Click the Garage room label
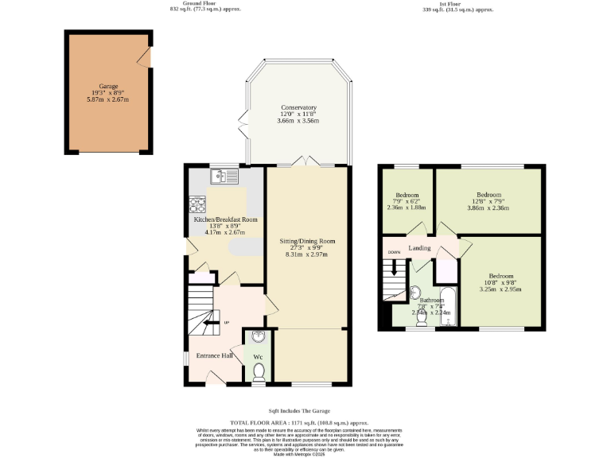pyautogui.click(x=108, y=86)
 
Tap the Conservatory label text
pyautogui.click(x=298, y=107)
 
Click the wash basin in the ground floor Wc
pyautogui.click(x=258, y=336)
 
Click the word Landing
pyautogui.click(x=419, y=248)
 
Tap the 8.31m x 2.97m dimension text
pyautogui.click(x=307, y=254)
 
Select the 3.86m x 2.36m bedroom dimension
pyautogui.click(x=488, y=208)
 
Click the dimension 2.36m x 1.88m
pyautogui.click(x=406, y=208)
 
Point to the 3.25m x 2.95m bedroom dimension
pyautogui.click(x=501, y=289)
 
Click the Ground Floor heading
pyautogui.click(x=205, y=3)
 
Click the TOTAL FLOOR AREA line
pyautogui.click(x=299, y=424)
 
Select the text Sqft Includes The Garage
pyautogui.click(x=299, y=410)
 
